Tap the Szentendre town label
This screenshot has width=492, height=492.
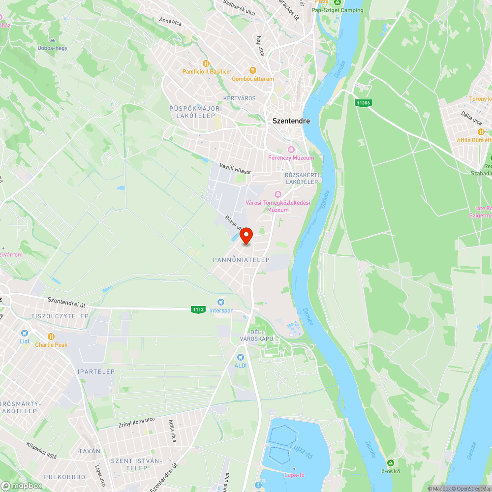[291, 121]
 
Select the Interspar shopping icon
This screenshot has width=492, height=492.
[221, 302]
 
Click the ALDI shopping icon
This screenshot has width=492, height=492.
[240, 357]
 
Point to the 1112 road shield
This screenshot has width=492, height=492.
[198, 309]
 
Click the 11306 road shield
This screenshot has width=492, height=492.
[364, 103]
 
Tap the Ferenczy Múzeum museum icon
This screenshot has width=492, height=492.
[291, 150]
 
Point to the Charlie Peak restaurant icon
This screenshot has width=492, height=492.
[51, 337]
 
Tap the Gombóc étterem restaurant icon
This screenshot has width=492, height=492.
[253, 70]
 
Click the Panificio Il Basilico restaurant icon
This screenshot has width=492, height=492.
[206, 63]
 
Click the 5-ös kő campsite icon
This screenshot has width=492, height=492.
[390, 463]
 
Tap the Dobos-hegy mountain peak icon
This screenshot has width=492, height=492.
[52, 40]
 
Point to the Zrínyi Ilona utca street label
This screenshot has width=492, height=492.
[136, 422]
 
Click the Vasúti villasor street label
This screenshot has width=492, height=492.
[236, 169]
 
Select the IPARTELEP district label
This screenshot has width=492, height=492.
[96, 372]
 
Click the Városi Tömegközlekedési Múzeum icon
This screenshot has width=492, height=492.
[278, 194]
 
